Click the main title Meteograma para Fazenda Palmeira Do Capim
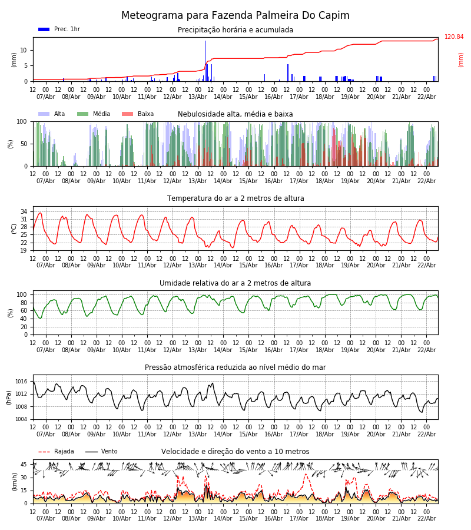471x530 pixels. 235,15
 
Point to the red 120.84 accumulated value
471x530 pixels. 454,37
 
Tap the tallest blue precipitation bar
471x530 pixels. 205,59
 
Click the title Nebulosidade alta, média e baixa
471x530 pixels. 235,114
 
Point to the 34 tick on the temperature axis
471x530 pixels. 24,211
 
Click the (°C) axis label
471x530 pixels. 15,228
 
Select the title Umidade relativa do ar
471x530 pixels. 235,283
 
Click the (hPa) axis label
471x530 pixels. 9,397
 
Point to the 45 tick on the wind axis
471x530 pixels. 24,465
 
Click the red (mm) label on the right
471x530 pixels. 461,59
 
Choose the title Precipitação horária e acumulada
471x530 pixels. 235,30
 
